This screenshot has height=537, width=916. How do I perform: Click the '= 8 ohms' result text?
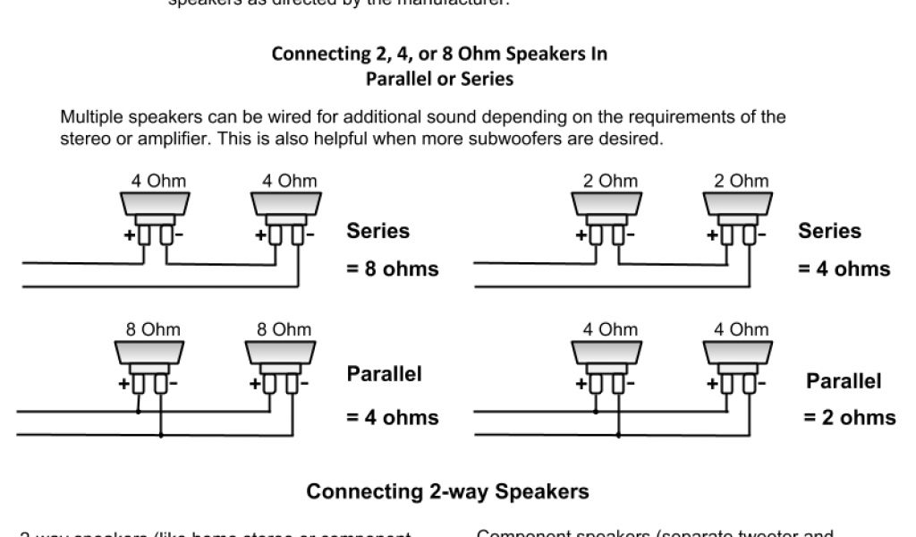[393, 268]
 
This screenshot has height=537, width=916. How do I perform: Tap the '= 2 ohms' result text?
[849, 417]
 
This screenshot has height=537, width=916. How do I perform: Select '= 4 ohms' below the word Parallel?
[393, 417]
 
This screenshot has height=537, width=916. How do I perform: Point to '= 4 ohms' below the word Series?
[844, 268]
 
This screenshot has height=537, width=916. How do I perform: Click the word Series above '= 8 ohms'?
[378, 231]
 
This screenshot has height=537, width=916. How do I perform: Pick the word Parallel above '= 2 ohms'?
[844, 381]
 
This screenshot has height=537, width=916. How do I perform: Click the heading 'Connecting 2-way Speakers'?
[447, 491]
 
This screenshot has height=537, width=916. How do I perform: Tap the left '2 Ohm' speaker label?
[611, 181]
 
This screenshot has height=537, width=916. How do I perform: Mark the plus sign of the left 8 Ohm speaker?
[125, 385]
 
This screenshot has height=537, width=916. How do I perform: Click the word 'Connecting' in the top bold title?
[314, 54]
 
